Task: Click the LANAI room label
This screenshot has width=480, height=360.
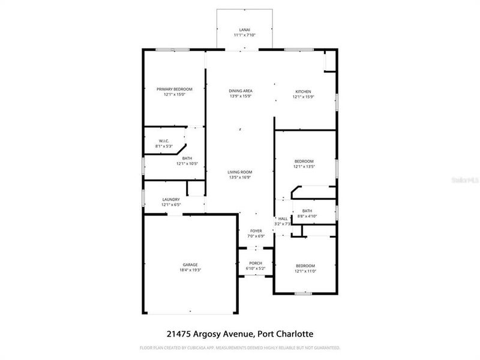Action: [244, 29]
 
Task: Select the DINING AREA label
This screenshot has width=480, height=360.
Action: [240, 91]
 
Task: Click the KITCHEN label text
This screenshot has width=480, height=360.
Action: [304, 91]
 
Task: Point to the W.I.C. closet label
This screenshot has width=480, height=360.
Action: [164, 140]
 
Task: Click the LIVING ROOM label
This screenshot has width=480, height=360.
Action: [239, 172]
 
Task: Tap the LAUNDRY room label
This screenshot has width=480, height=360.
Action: [171, 200]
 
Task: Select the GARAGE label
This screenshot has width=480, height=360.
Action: [190, 265]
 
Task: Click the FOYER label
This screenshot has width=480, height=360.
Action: [256, 230]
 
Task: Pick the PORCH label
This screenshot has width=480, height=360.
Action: [256, 263]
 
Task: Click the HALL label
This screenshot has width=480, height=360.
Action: [283, 218]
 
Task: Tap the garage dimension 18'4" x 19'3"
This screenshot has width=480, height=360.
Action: [190, 270]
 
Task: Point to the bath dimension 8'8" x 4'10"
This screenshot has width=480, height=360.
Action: [307, 216]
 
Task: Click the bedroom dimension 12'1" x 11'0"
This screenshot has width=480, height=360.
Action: [304, 271]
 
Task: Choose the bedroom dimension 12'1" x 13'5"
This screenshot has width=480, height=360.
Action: [304, 166]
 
